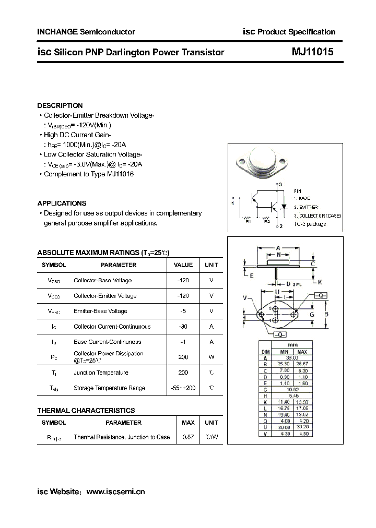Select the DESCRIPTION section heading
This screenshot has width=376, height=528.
tap(60, 105)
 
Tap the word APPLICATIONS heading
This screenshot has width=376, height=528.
tap(62, 203)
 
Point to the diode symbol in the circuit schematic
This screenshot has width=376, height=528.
tap(285, 206)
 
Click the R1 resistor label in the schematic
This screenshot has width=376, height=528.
tap(249, 221)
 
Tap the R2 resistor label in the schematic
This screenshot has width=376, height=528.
tap(266, 221)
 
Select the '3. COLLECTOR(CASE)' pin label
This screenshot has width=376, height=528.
tap(317, 215)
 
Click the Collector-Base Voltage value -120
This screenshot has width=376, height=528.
tap(183, 280)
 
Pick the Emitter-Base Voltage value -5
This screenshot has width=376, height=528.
tap(183, 311)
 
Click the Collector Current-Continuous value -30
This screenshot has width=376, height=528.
tap(183, 326)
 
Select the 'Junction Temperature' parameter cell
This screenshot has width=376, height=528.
tap(101, 373)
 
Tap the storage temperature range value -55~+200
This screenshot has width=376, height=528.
tap(183, 388)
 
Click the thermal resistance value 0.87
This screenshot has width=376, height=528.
tap(187, 437)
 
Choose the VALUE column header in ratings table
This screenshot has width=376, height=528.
tap(183, 265)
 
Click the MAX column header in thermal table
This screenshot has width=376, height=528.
tap(187, 423)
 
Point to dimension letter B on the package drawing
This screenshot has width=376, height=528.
tap(326, 315)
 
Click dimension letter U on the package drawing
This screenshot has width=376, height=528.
tap(277, 291)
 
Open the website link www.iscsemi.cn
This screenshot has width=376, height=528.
tap(115, 491)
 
